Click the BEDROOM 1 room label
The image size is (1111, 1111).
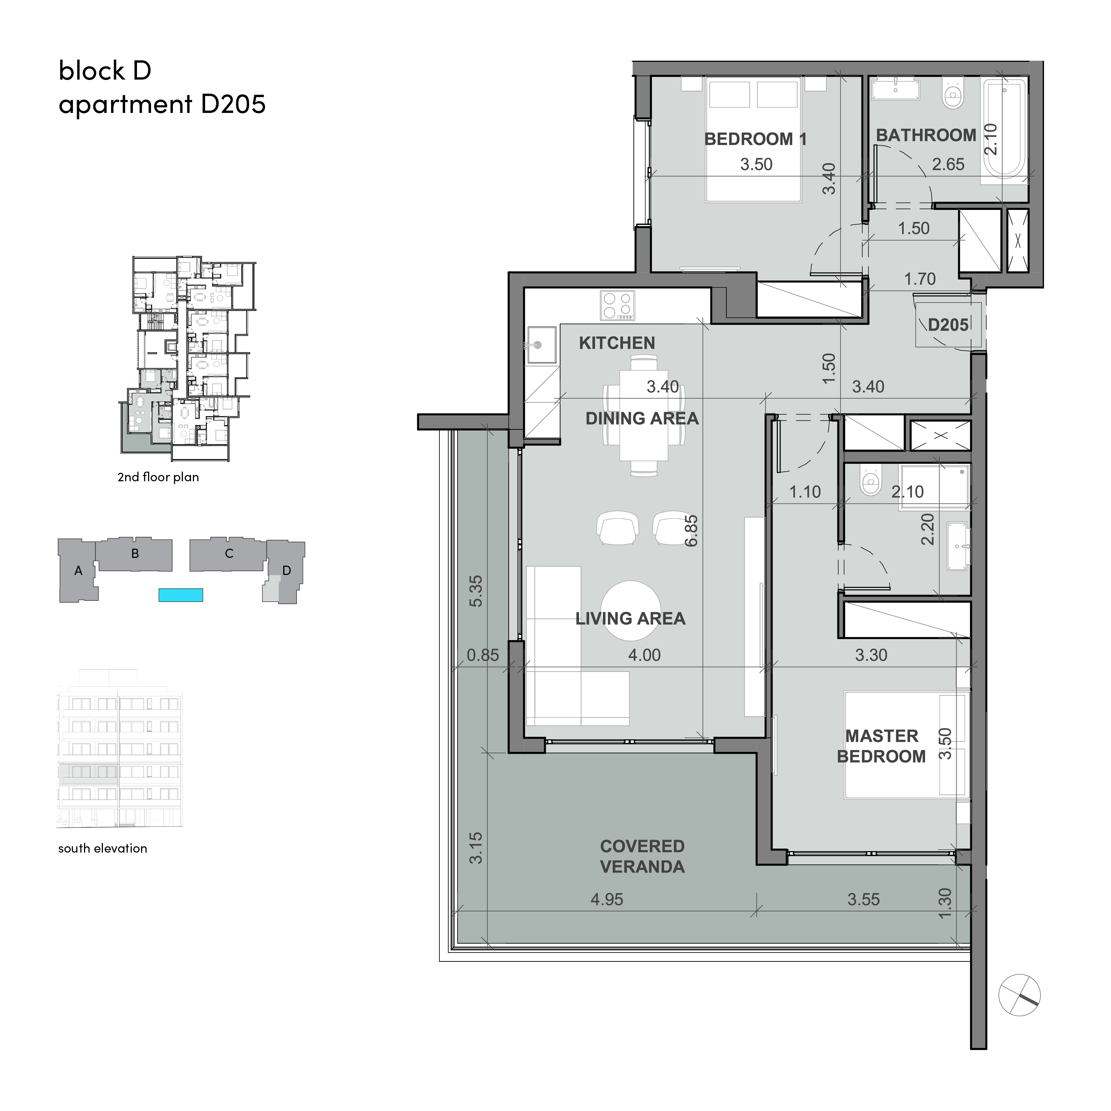point(755,139)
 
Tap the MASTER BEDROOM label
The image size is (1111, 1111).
point(881,746)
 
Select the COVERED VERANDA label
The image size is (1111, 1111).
point(642,857)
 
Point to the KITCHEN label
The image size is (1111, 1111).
point(616,343)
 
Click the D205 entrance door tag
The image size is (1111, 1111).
point(948,325)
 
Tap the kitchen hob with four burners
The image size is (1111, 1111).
point(618,305)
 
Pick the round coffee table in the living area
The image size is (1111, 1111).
point(630,611)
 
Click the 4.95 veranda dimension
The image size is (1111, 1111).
point(607,899)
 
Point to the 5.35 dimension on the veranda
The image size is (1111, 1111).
point(476,591)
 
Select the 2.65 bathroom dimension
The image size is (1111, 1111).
point(948,164)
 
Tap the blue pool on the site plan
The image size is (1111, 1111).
point(181,595)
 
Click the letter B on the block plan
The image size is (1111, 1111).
point(135,554)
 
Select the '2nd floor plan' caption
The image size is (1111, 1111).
point(158,477)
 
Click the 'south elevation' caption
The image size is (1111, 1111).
point(102,848)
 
